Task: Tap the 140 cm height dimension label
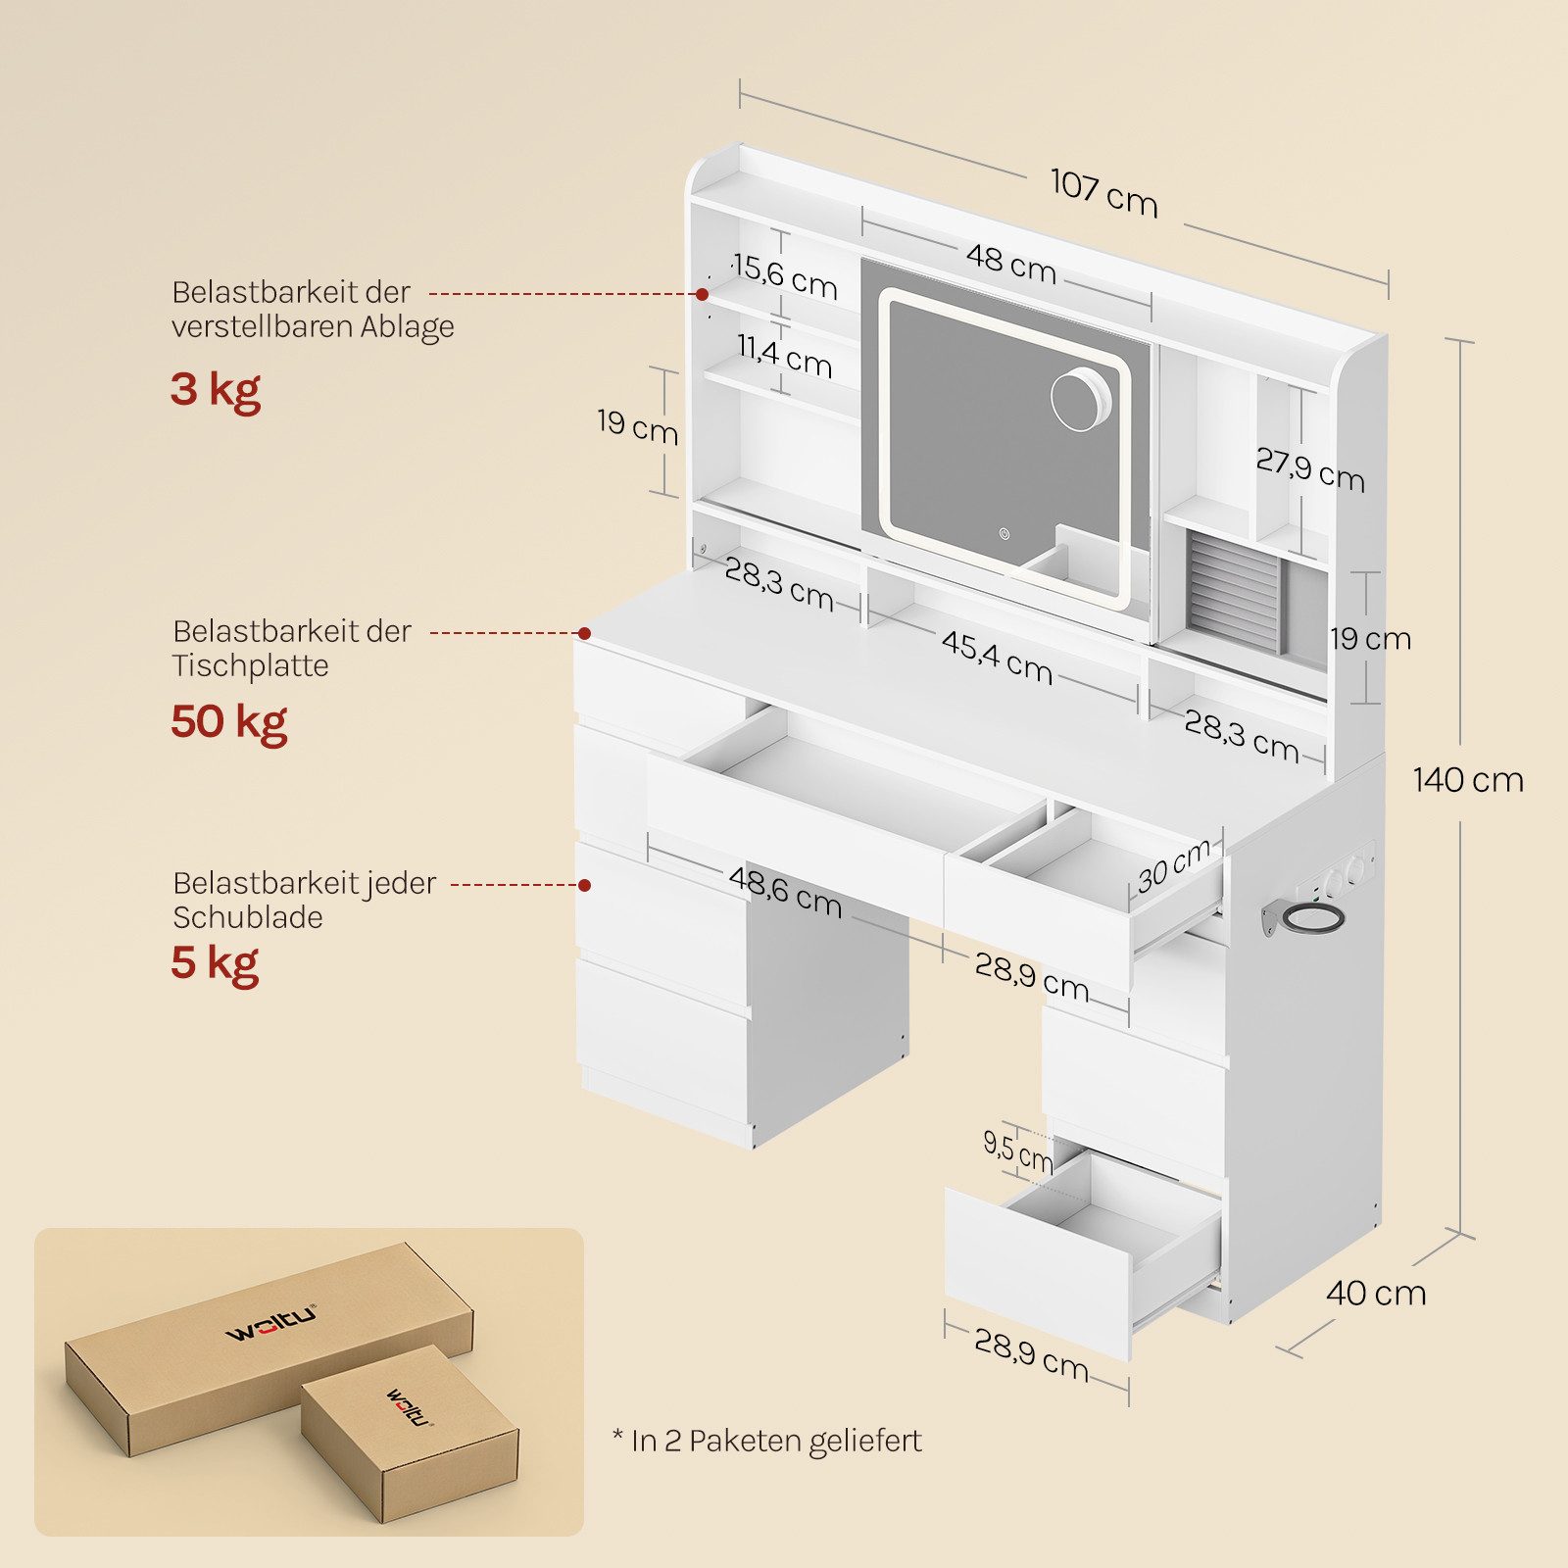[x=1468, y=780]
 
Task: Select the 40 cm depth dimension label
[x=1376, y=1293]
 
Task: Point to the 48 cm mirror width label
[x=1010, y=263]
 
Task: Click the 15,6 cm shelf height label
[x=785, y=276]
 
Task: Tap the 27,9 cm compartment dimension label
[x=1310, y=469]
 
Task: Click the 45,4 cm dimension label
[x=997, y=657]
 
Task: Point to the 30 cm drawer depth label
[x=1175, y=865]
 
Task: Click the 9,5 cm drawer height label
[x=1017, y=1151]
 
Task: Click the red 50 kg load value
[x=228, y=722]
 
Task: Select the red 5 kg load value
[x=215, y=963]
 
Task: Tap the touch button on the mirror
[x=1004, y=535]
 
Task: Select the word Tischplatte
[x=251, y=665]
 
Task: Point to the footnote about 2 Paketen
[x=767, y=1441]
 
